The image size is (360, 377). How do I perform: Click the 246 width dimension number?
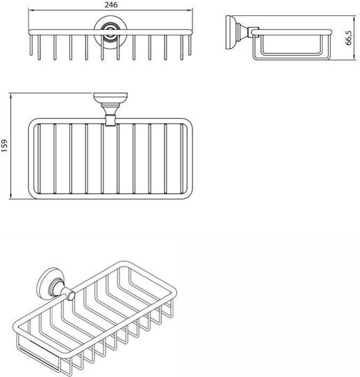pyautogui.click(x=111, y=5)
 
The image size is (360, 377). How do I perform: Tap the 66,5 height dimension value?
pyautogui.click(x=348, y=38)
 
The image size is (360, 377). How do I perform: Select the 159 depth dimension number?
pyautogui.click(x=5, y=146)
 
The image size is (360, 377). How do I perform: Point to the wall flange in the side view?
pyautogui.click(x=229, y=32)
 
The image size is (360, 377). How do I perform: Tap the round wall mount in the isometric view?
pyautogui.click(x=50, y=282)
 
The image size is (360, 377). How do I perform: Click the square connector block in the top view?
pyautogui.click(x=110, y=120)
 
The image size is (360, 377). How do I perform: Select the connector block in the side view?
pyautogui.click(x=254, y=32)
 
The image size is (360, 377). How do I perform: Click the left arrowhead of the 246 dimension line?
pyautogui.click(x=30, y=10)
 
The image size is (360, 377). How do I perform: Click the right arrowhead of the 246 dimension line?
pyautogui.click(x=190, y=10)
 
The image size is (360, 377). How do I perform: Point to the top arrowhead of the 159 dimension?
pyautogui.click(x=10, y=96)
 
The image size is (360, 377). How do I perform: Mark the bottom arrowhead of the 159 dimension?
pyautogui.click(x=10, y=196)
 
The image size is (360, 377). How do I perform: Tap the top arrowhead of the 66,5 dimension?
pyautogui.click(x=354, y=18)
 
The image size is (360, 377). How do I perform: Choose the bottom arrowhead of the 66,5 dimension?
pyautogui.click(x=354, y=57)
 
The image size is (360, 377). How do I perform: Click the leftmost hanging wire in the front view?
pyautogui.click(x=31, y=45)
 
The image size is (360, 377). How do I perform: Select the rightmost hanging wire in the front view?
pyautogui.click(x=190, y=45)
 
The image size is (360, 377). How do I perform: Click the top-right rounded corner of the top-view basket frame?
pyautogui.click(x=189, y=121)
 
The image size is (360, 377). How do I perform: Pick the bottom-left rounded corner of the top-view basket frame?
pyautogui.click(x=32, y=195)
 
